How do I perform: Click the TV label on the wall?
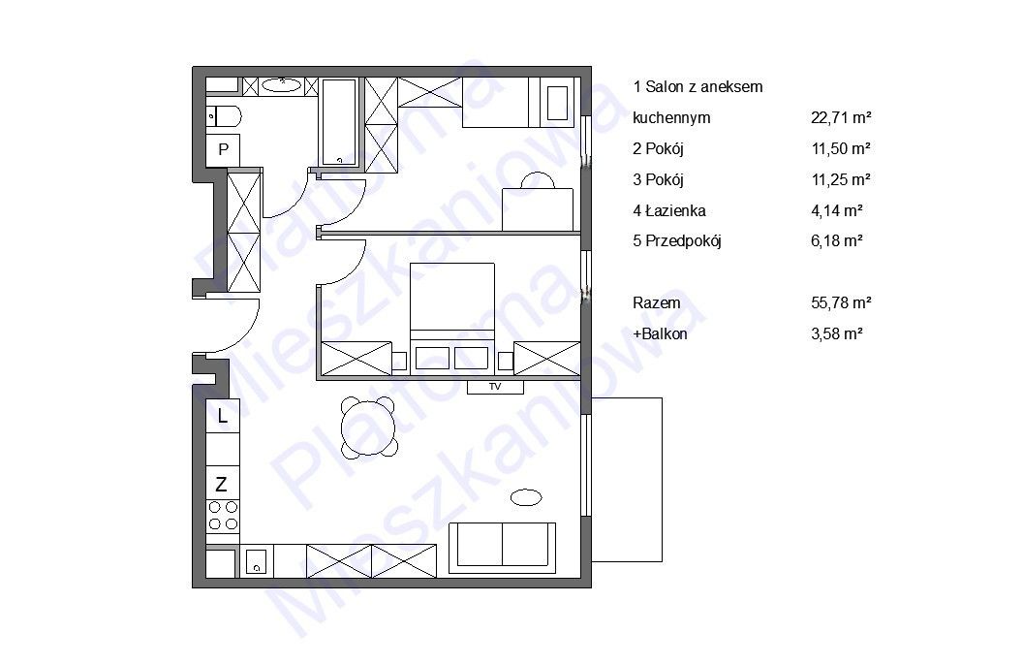coord(495,387)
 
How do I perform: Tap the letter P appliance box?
coord(223,150)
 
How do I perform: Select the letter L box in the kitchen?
coord(223,416)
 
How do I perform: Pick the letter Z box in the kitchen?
coord(222,484)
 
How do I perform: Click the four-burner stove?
coord(223,517)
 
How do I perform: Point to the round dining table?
coord(369,427)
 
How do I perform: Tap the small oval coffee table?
coord(526,497)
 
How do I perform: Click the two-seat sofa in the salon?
coord(503,548)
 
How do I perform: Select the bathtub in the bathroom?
coord(339,122)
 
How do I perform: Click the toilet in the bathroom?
coord(224,117)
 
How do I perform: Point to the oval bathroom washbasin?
coord(282,85)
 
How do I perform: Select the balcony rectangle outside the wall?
coord(627,480)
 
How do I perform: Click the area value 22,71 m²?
coord(841,118)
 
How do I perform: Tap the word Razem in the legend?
coord(657,302)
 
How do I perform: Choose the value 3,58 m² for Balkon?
coord(837,334)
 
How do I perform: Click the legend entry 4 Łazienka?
coord(668,210)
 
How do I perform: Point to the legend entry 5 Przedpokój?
coord(676,241)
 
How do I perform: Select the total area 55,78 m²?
coord(841,302)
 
